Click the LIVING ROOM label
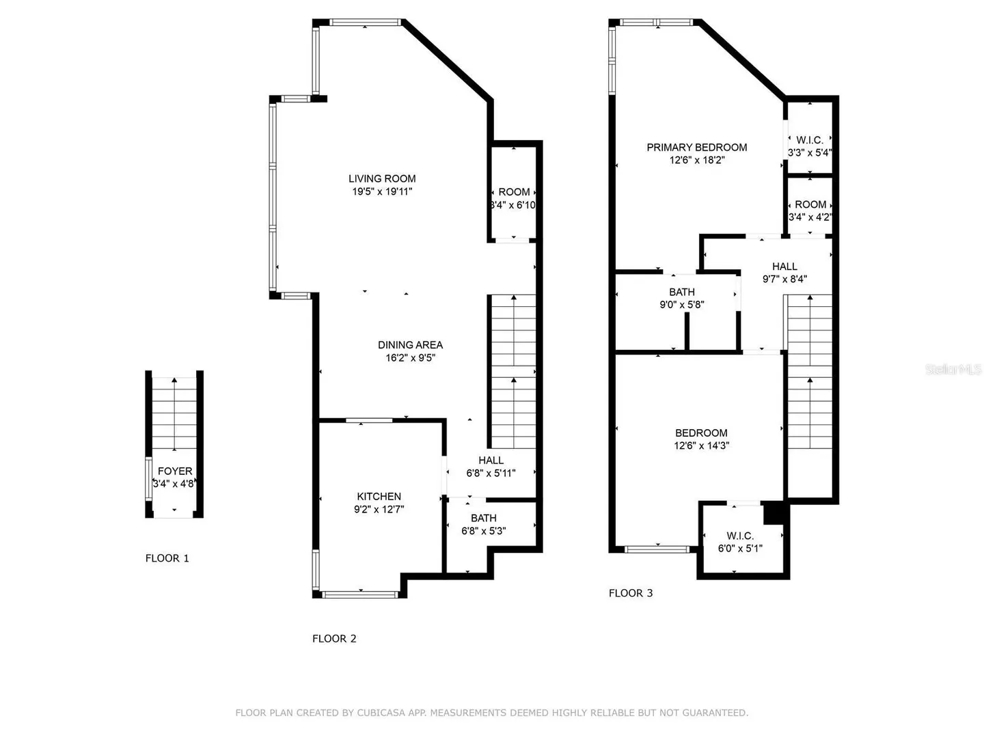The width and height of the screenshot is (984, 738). (382, 179)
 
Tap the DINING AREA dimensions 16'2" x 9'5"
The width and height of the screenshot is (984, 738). (410, 357)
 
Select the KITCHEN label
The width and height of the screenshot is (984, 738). (379, 497)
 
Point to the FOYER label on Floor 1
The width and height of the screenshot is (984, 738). (175, 471)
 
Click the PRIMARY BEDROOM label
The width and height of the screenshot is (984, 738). (696, 148)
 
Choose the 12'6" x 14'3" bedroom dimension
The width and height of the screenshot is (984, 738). (701, 446)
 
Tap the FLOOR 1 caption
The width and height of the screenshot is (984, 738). (167, 558)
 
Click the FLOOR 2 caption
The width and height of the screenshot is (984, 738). (334, 638)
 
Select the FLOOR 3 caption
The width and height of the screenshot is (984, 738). (631, 593)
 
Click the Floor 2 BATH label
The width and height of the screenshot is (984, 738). (484, 518)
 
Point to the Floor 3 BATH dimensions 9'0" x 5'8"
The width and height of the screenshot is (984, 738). (682, 305)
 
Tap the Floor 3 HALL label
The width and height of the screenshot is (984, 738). (784, 266)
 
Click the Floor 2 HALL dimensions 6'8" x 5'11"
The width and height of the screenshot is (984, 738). (491, 473)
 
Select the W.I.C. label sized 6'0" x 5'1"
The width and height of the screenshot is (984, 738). (740, 536)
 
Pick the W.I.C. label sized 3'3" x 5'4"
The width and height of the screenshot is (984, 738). (810, 140)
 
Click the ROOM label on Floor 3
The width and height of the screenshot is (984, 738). (810, 204)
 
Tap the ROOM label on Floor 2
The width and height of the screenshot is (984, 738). (514, 192)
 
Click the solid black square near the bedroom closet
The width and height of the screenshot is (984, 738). (774, 512)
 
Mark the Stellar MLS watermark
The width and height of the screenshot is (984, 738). (953, 369)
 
